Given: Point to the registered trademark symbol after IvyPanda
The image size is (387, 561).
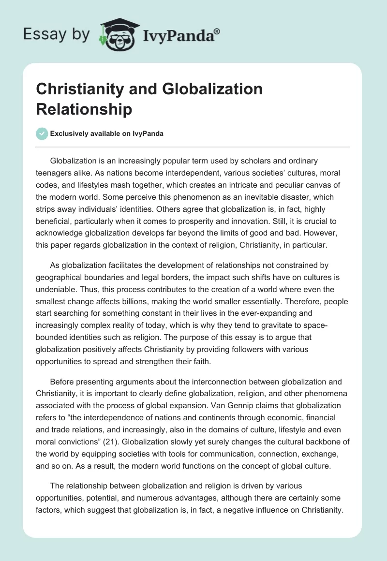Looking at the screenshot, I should click(217, 31).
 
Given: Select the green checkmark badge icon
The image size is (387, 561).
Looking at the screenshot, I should click(42, 133).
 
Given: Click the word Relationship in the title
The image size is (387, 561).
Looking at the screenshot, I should click(84, 109).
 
